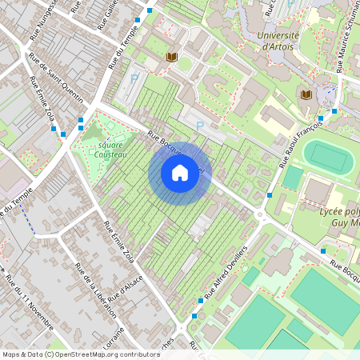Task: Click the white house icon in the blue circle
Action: click(180, 173)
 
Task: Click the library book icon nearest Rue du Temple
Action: click(171, 58)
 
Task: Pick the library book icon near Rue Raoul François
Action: click(305, 94)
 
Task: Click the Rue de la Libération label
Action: click(94, 290)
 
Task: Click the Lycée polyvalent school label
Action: click(330, 214)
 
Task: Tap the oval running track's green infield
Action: click(330, 158)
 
